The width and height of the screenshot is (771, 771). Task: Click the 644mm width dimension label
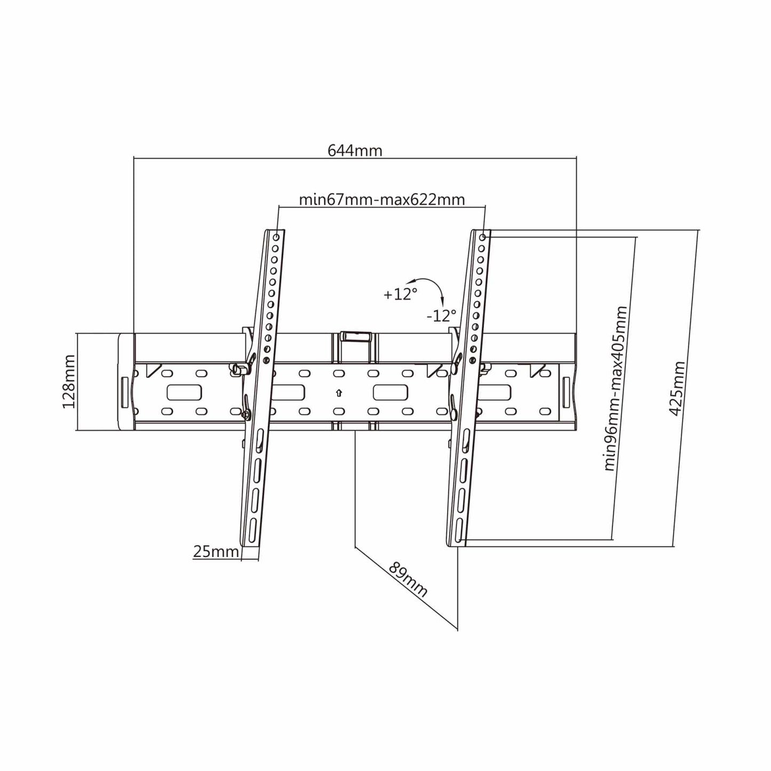tap(355, 150)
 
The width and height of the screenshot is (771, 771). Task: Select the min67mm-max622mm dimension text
tap(382, 199)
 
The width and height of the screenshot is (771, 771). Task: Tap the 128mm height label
tap(69, 381)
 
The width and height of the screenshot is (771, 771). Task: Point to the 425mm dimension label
tap(677, 388)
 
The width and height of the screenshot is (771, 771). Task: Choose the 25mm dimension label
tap(216, 552)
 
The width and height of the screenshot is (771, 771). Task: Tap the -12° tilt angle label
tap(441, 316)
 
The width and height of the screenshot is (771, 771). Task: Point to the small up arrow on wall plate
tap(339, 393)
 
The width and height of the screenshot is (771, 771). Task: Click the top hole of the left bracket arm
tap(276, 237)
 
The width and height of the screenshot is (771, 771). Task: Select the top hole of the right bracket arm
tap(482, 237)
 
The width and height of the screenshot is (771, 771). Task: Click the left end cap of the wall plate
tap(126, 381)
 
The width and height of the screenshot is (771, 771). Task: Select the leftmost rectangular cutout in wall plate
tap(184, 392)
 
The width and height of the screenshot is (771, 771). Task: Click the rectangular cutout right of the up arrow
tap(391, 392)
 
